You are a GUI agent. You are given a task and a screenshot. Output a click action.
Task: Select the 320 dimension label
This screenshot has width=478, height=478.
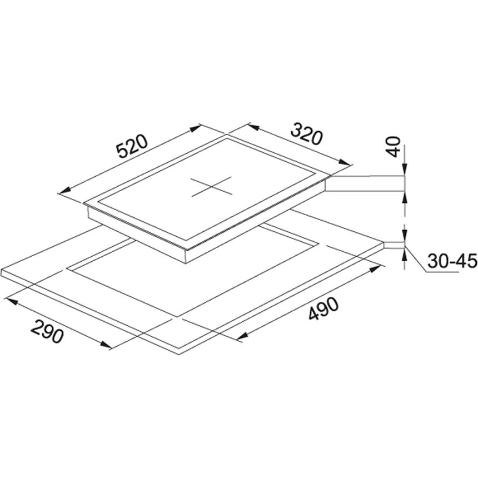306,133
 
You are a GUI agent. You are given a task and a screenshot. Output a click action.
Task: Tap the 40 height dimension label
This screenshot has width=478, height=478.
395,147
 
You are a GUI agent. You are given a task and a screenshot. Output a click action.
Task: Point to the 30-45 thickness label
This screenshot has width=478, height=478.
452,261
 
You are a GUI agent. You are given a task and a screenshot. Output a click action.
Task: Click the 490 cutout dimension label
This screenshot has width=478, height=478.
323,309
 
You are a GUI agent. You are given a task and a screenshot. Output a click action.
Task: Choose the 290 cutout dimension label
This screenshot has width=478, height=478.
47,331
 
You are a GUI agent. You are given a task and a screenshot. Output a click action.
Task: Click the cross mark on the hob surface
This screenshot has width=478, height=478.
211,186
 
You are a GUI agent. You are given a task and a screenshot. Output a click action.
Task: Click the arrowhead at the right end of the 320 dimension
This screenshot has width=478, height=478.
345,162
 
